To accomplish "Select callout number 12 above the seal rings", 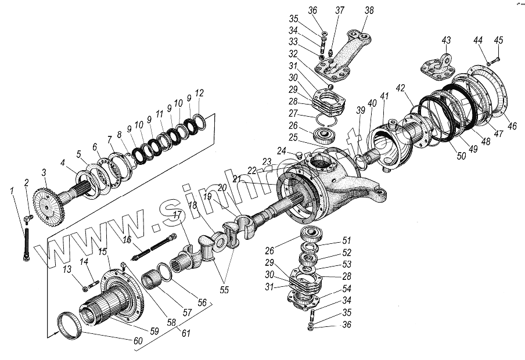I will pyautogui.click(x=199, y=93).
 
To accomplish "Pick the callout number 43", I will pyautogui.click(x=446, y=40).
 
